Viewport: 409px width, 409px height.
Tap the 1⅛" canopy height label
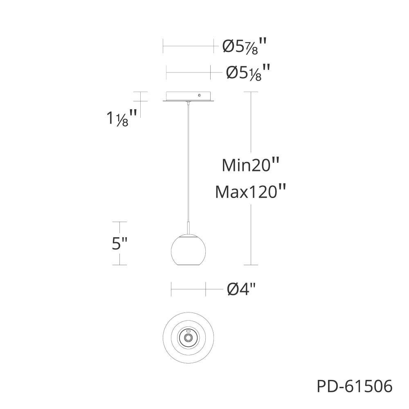122,118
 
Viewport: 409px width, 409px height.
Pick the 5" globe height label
119,243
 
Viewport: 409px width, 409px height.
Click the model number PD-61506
355,386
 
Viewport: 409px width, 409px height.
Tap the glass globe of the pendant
188,250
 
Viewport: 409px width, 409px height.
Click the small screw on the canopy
200,95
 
